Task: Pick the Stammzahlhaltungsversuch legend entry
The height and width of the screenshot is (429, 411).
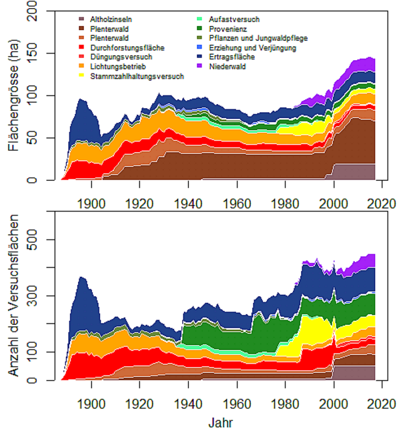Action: click(136, 76)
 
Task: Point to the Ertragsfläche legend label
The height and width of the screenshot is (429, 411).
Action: click(231, 57)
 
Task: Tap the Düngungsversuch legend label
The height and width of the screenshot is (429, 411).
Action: click(121, 57)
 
